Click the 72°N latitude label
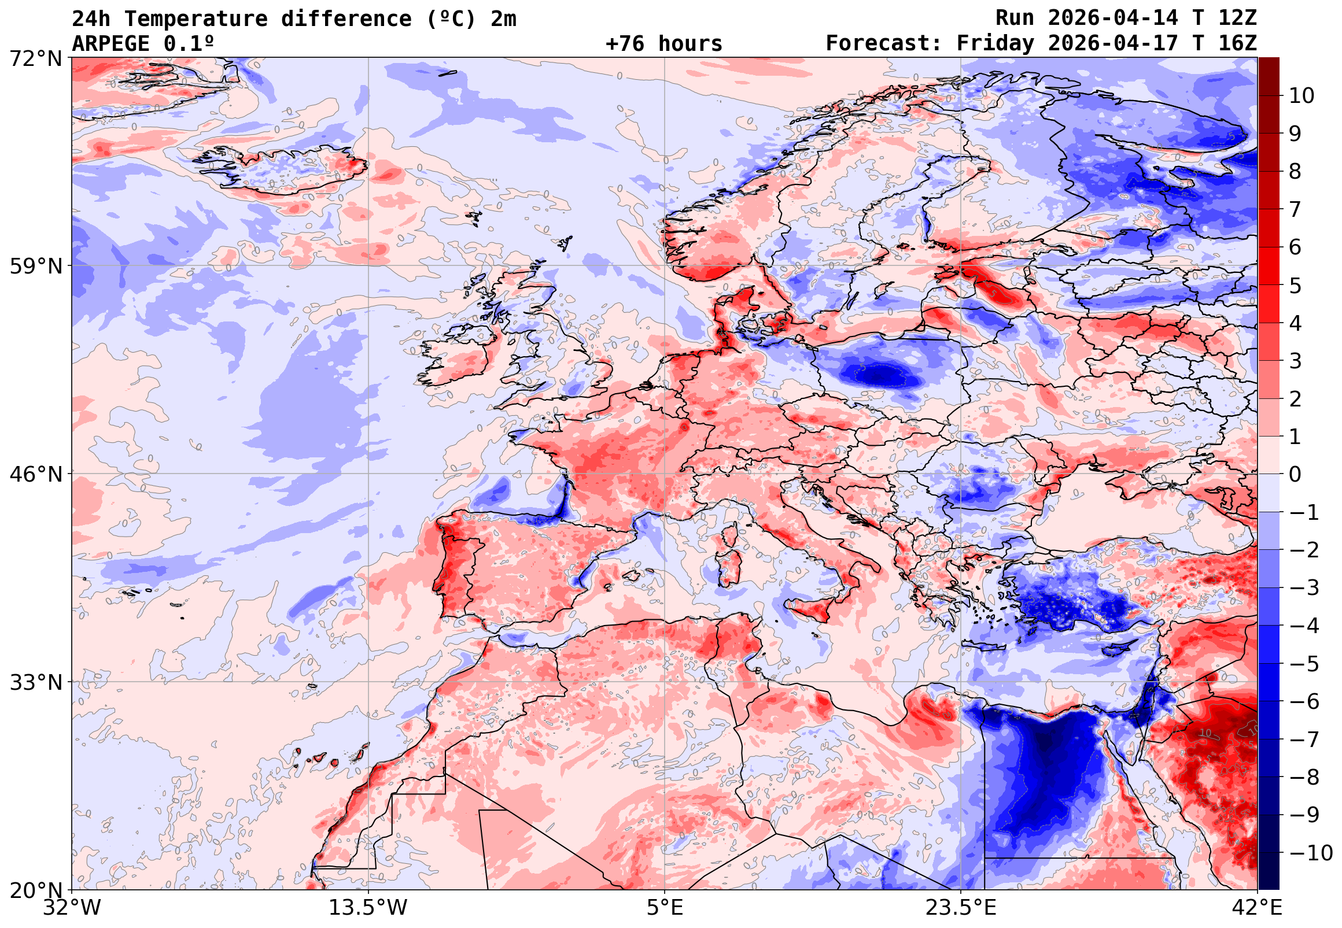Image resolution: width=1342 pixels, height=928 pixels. coord(35,58)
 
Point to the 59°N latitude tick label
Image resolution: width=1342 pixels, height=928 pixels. coord(35,267)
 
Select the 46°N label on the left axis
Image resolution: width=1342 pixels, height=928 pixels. coord(35,475)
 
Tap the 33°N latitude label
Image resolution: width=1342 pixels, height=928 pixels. coord(35,683)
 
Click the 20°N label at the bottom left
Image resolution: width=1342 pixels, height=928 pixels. coord(35,890)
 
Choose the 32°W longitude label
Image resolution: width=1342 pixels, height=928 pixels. coord(72,908)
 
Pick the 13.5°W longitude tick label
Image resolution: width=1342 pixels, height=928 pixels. coord(368,908)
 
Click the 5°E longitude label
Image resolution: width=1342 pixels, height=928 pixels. coord(665,908)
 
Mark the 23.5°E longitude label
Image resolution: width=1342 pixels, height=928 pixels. coord(961,908)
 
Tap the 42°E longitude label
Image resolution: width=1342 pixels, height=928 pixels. coord(1257,908)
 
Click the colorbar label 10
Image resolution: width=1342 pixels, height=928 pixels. coord(1302,96)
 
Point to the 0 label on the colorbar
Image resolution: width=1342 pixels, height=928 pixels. coord(1295,475)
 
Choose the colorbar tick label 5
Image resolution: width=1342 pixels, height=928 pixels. coord(1295,286)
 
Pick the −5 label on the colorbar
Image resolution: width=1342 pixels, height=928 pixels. coord(1304,664)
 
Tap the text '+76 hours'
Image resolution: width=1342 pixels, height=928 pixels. coord(663,43)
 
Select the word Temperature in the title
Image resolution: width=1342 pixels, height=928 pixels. coord(196,19)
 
